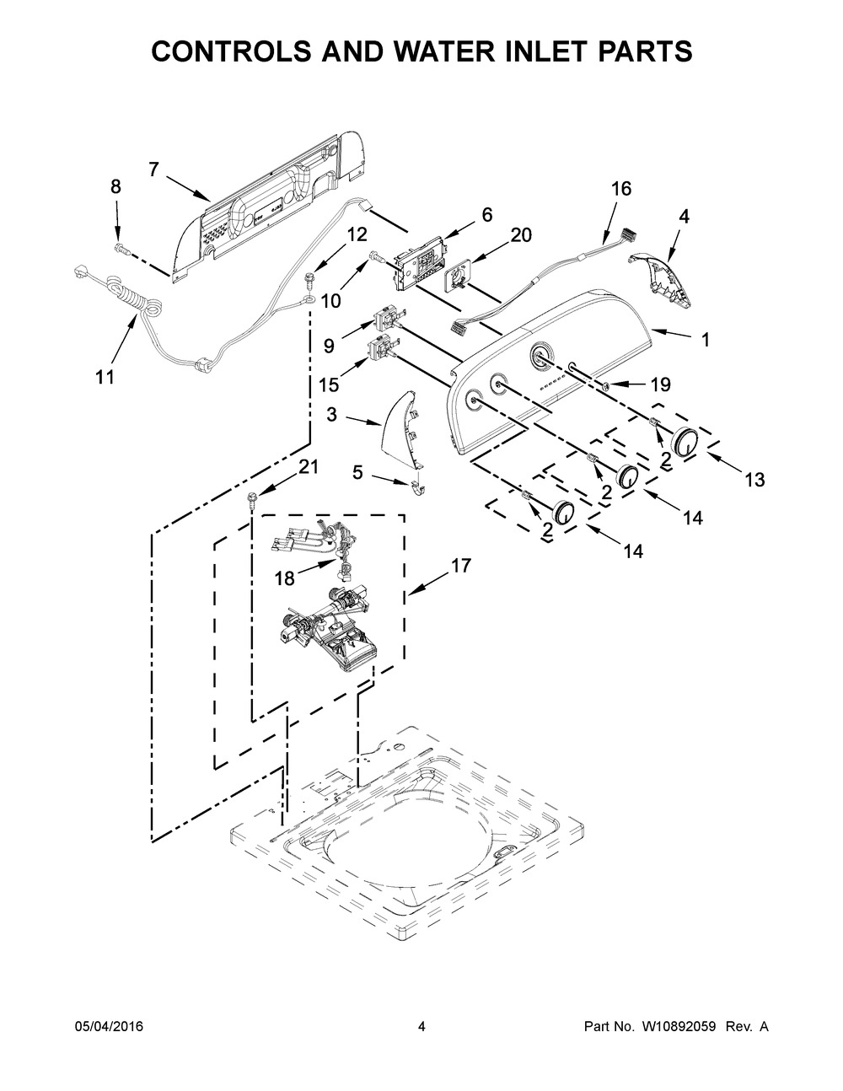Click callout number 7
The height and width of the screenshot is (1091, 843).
pos(153,169)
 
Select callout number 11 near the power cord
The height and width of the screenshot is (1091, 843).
pos(105,377)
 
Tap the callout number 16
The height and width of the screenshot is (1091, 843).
pos(620,189)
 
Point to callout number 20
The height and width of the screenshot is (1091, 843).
pos(521,235)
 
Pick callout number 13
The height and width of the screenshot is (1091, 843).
pos(754,480)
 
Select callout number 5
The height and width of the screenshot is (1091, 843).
pos(357,473)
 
